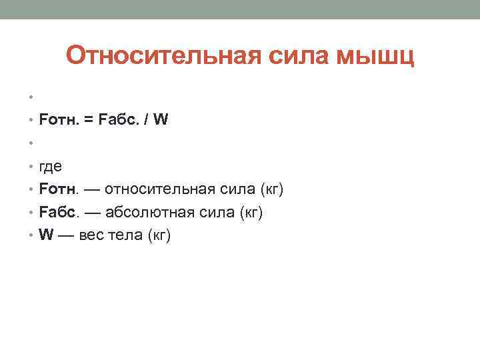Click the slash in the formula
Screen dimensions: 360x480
(x=146, y=121)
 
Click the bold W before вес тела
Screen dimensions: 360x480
(x=46, y=236)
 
